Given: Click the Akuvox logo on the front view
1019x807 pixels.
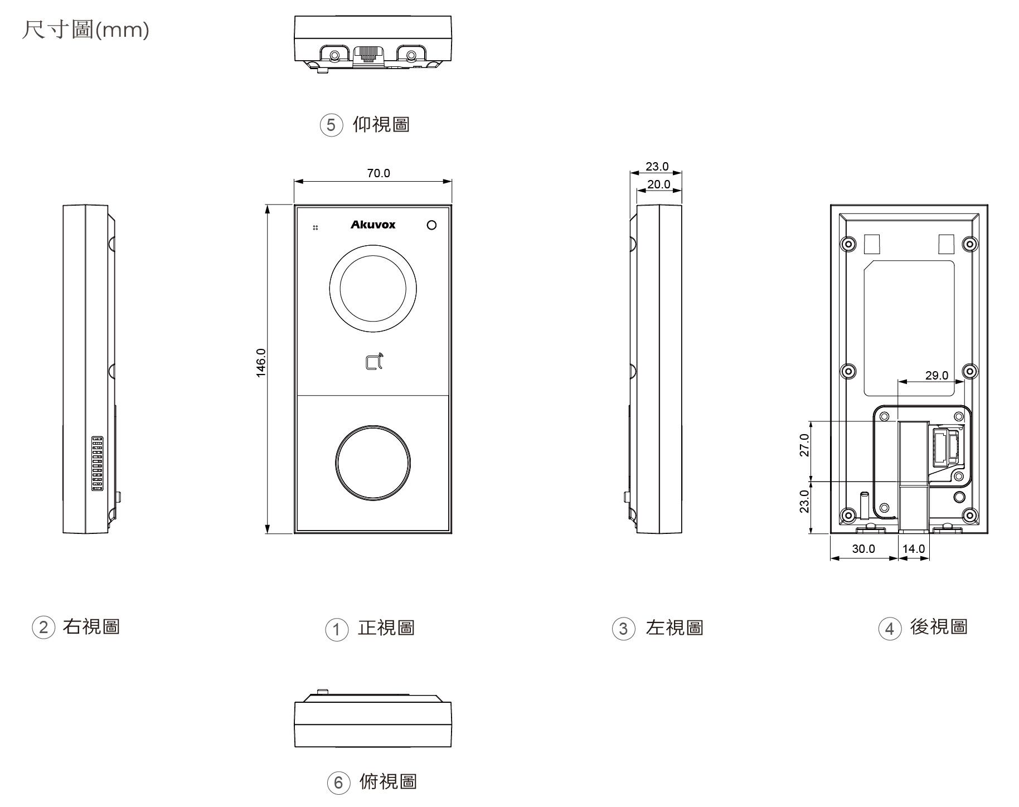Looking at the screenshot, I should [x=373, y=225].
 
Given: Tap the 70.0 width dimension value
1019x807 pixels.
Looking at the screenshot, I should [x=379, y=173].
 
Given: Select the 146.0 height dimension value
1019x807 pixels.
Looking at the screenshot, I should [x=261, y=363].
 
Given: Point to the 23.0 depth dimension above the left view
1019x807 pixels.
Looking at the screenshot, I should [x=657, y=167].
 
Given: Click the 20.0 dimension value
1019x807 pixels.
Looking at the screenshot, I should [x=658, y=184].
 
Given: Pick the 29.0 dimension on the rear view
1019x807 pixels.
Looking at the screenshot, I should [x=936, y=375].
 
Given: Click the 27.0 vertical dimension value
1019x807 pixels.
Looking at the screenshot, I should [x=804, y=445].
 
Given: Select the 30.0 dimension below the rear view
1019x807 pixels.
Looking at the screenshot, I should [x=863, y=549].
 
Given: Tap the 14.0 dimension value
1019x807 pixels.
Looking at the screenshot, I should [x=914, y=549].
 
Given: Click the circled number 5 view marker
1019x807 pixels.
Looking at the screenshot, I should [x=331, y=125].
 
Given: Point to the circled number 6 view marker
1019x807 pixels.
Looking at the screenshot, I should [x=338, y=783].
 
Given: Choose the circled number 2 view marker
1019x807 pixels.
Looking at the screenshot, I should [x=43, y=628].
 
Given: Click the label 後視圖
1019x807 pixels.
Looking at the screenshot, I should [x=939, y=627].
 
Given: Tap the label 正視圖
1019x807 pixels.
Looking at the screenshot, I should [x=386, y=628].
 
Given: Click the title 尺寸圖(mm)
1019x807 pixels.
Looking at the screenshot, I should [x=85, y=29].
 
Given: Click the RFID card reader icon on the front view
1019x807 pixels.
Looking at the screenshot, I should [x=375, y=362].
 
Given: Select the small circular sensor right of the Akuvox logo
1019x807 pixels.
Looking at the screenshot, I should [x=431, y=225].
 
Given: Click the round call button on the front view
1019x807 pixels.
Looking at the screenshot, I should [x=373, y=463].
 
